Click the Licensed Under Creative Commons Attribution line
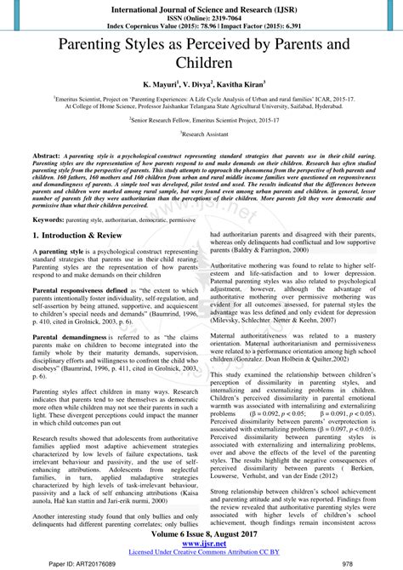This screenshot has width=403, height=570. (x=201, y=554)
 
